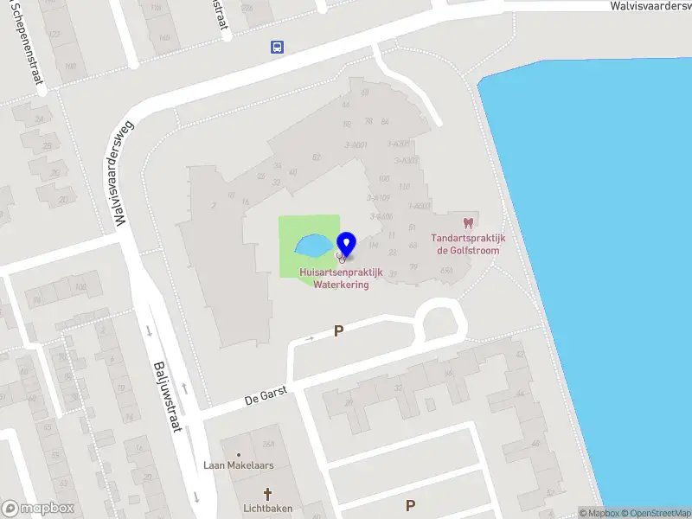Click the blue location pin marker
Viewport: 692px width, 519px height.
[347, 243]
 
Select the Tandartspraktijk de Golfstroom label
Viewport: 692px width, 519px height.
[468, 244]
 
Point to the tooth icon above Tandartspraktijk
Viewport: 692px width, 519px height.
[469, 222]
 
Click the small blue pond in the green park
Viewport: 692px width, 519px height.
[312, 247]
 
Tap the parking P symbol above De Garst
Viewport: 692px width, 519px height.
[338, 330]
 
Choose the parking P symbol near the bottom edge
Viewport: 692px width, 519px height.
[410, 505]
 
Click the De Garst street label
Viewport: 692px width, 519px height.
[265, 399]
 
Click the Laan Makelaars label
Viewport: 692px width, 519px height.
[238, 465]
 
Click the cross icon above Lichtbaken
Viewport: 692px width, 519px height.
[266, 495]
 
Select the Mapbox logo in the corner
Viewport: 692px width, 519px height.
[38, 509]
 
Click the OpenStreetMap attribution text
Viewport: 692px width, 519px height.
[656, 513]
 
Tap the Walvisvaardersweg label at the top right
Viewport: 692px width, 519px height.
[650, 6]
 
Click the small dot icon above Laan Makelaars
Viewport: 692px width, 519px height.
[239, 453]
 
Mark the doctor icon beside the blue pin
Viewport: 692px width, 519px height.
[341, 258]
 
